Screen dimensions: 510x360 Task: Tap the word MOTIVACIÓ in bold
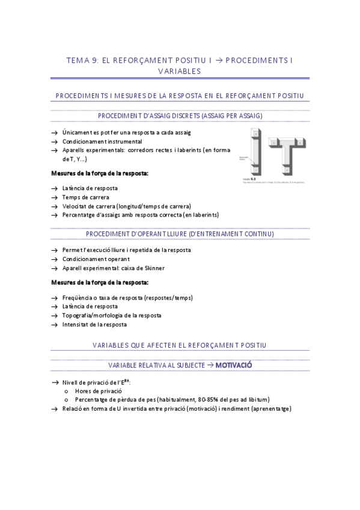click(233, 365)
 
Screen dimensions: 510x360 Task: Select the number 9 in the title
click(92, 60)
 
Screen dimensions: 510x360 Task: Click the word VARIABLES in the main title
click(179, 71)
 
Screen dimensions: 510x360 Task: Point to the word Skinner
click(154, 268)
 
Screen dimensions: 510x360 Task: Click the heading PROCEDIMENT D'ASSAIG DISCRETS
click(179, 115)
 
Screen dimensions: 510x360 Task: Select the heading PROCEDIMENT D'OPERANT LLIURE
click(180, 233)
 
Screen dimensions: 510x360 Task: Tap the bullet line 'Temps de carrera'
click(82, 197)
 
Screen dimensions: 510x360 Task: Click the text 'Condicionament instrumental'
click(98, 141)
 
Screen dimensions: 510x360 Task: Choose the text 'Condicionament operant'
click(93, 259)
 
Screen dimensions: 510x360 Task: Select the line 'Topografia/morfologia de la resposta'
click(111, 315)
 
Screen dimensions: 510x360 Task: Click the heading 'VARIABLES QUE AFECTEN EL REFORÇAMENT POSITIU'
click(180, 345)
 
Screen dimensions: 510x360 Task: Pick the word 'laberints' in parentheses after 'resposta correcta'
click(204, 214)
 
